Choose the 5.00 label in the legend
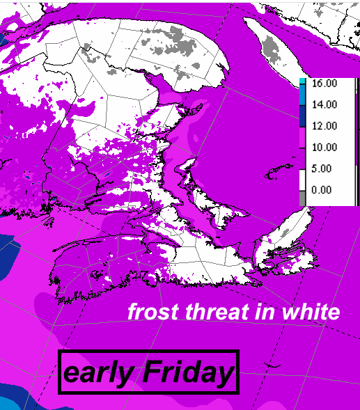(x=324, y=168)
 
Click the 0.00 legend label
(x=324, y=190)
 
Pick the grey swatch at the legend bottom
(x=302, y=198)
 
